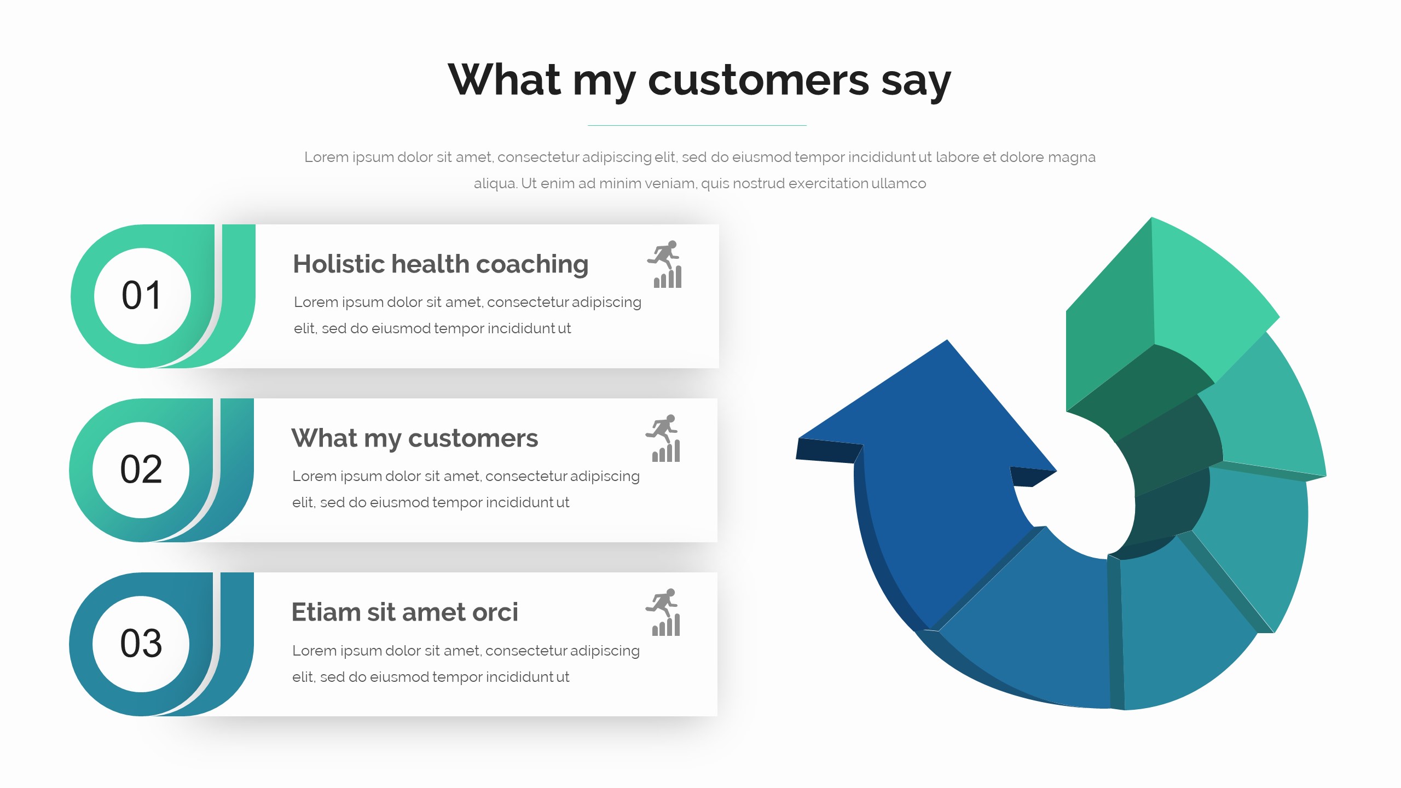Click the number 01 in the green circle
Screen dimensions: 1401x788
[x=142, y=296]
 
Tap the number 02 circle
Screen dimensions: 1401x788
[x=141, y=470]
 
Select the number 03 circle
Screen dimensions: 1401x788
[x=141, y=644]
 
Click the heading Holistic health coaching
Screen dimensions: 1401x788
[x=441, y=265]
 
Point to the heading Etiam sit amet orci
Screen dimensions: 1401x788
[x=404, y=612]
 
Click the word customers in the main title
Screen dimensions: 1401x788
[x=759, y=80]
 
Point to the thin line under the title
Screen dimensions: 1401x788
[x=697, y=125]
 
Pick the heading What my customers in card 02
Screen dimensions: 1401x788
[x=415, y=439]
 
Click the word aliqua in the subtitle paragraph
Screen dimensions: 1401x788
[x=495, y=183]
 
